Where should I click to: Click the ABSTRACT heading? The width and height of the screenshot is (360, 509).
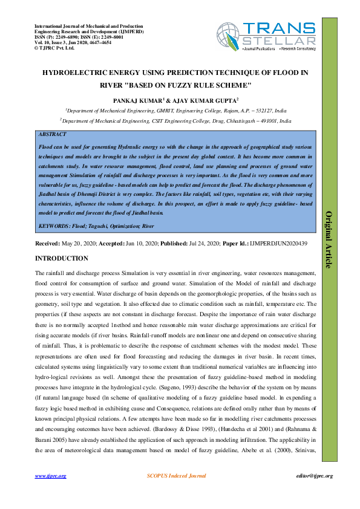(52, 134)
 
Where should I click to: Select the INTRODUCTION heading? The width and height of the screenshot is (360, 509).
(62, 258)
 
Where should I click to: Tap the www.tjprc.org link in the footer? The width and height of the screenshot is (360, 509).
(50, 476)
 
